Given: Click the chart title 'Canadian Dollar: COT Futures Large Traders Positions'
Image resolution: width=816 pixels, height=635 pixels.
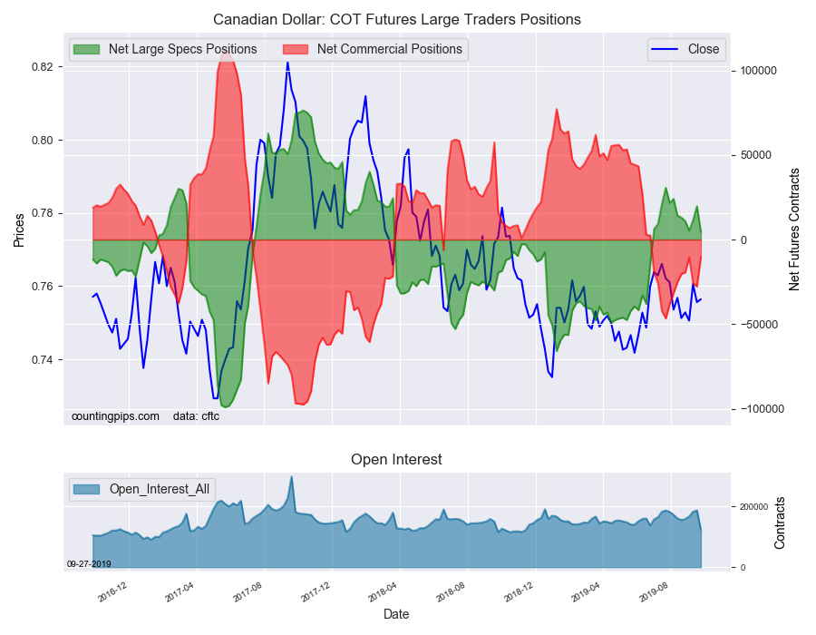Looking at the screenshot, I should pyautogui.click(x=397, y=19).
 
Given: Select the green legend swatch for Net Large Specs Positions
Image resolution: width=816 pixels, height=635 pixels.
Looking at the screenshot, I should pyautogui.click(x=88, y=49).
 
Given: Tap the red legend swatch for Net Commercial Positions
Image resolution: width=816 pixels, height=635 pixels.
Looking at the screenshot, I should pyautogui.click(x=296, y=49).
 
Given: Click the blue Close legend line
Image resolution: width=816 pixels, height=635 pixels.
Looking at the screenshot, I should pyautogui.click(x=665, y=50).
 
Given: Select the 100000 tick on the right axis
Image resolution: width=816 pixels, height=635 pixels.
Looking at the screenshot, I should pyautogui.click(x=760, y=71).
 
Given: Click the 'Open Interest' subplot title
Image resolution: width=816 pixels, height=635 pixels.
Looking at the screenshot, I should pyautogui.click(x=396, y=460).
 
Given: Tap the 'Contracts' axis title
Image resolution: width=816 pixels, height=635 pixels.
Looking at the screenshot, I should pyautogui.click(x=780, y=523).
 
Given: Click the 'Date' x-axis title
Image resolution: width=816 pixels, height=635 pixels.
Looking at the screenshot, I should pyautogui.click(x=396, y=614).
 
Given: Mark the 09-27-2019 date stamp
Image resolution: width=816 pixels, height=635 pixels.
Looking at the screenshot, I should pyautogui.click(x=89, y=564).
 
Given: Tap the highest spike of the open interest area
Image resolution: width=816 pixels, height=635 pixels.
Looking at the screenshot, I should pyautogui.click(x=291, y=477).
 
